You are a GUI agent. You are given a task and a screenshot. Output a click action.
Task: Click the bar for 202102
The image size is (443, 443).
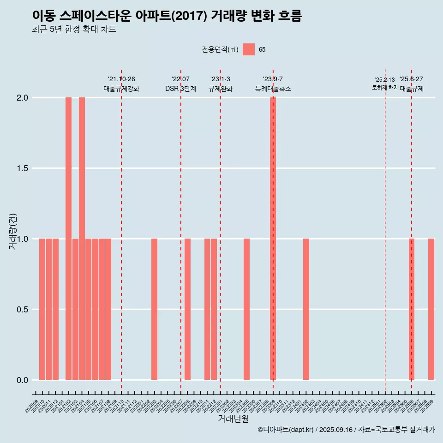(x=68, y=239)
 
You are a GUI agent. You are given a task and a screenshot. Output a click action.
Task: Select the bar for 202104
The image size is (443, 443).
(x=82, y=239)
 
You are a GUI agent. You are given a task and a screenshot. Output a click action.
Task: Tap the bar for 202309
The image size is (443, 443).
(x=273, y=239)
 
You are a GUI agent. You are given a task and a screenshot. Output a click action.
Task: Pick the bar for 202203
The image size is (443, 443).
(x=154, y=309)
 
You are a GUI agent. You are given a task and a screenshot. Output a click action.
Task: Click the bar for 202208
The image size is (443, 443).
(x=187, y=309)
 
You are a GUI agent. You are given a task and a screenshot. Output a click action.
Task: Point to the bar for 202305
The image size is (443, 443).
(x=246, y=309)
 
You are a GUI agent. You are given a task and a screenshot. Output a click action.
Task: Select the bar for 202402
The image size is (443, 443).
(x=306, y=309)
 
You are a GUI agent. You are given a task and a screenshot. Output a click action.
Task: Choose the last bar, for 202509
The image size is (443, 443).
(x=431, y=309)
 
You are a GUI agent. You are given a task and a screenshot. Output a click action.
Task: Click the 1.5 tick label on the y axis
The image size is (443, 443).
(x=22, y=168)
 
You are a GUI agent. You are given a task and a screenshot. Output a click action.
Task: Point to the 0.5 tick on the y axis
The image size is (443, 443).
(x=22, y=310)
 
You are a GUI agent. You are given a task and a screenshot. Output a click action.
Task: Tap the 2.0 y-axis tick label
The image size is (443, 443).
(x=22, y=98)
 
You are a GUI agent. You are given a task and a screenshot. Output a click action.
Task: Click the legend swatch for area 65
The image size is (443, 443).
(x=249, y=49)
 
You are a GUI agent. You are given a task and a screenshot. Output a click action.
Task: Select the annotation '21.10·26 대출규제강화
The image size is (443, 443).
(x=121, y=84)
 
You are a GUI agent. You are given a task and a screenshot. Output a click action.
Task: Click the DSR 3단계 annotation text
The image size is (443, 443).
(x=180, y=89)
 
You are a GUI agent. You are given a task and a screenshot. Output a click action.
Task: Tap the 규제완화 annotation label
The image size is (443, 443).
(x=220, y=89)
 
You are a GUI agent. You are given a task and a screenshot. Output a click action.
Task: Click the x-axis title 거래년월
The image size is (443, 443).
(x=233, y=419)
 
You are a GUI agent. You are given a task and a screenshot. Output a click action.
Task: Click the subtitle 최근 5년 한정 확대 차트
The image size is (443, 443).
(x=74, y=30)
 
